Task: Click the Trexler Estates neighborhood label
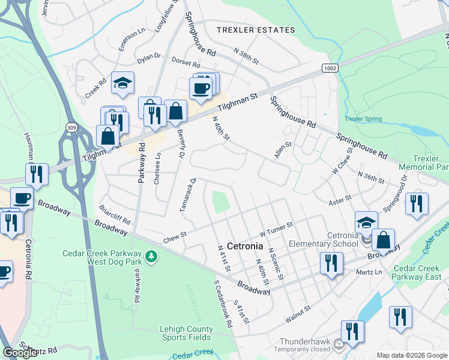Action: coord(256,30)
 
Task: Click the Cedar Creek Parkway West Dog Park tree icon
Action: coord(152,257)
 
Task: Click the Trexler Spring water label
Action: coord(364,119)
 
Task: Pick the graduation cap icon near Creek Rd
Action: coord(122,85)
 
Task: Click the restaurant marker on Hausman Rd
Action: coord(37,175)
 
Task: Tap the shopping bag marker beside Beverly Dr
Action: coord(175,112)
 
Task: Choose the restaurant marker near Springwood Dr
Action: coord(416,204)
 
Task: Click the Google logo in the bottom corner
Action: coord(20,353)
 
